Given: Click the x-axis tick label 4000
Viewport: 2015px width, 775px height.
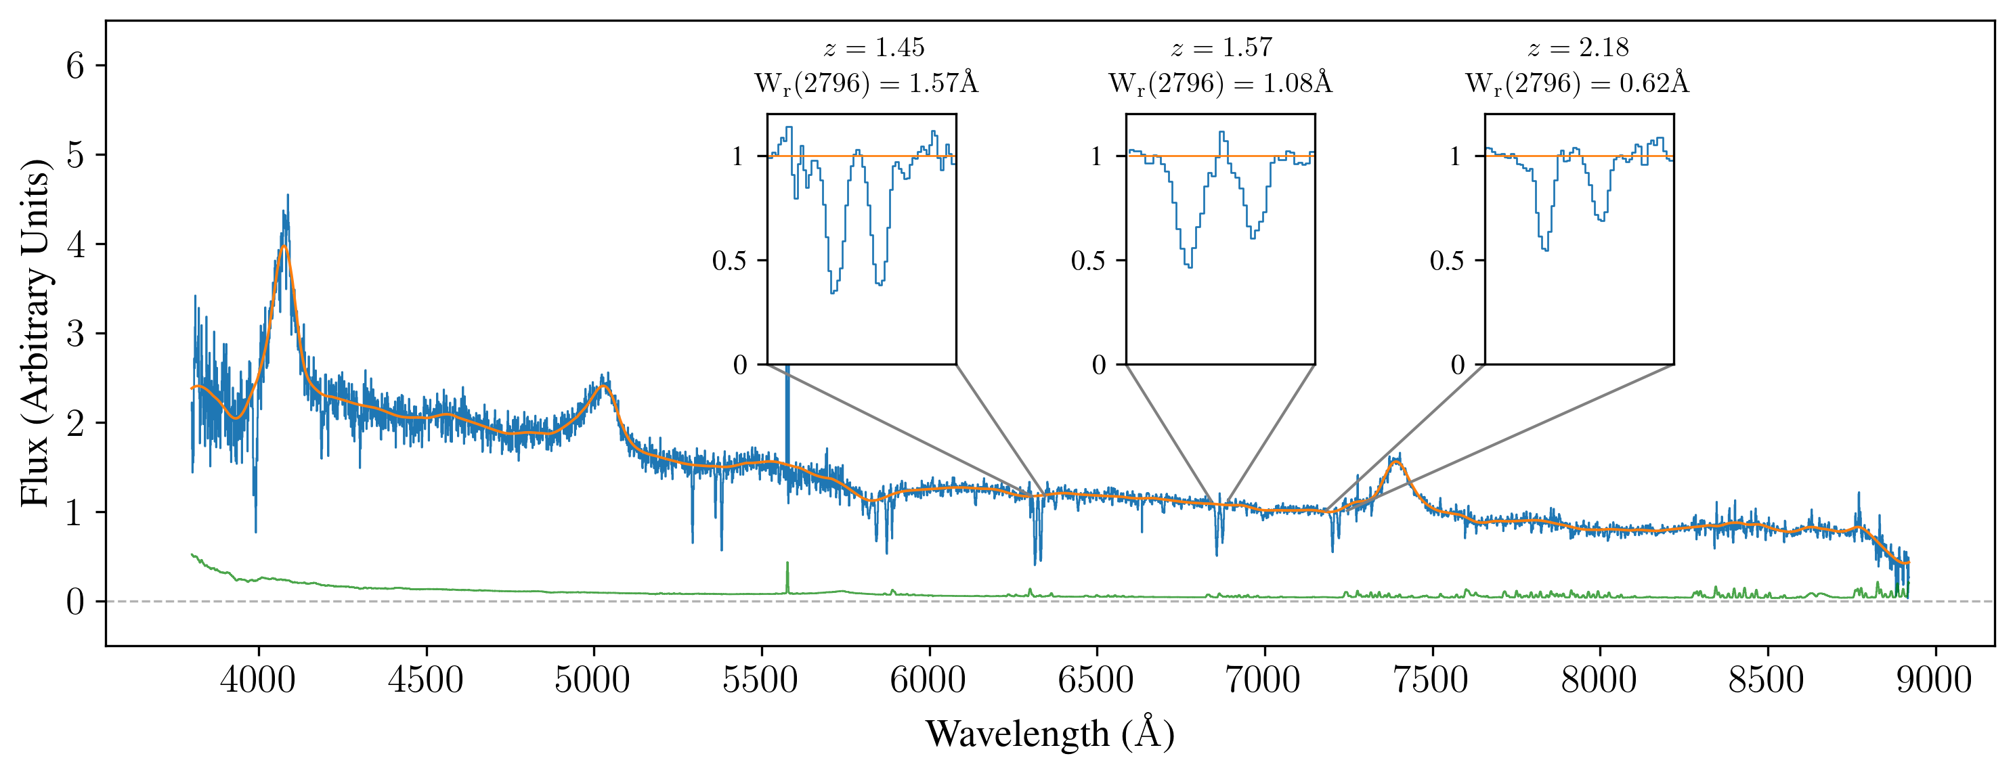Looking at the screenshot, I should [257, 680].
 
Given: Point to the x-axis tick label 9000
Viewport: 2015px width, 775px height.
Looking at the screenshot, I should [1934, 680].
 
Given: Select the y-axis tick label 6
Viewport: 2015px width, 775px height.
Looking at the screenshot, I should [75, 66].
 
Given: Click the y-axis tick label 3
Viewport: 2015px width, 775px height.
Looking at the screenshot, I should [75, 334].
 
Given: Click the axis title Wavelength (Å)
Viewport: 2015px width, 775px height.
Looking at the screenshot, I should [1049, 734].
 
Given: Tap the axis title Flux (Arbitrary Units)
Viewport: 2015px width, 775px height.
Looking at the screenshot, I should [35, 332].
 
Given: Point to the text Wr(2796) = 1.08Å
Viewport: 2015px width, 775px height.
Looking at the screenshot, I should [1220, 83].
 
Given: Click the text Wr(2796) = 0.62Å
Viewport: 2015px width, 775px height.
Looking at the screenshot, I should [1577, 83].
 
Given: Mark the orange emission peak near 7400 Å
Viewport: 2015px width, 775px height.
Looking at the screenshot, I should [1395, 462].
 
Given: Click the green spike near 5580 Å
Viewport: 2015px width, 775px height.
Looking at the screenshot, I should [787, 564].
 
